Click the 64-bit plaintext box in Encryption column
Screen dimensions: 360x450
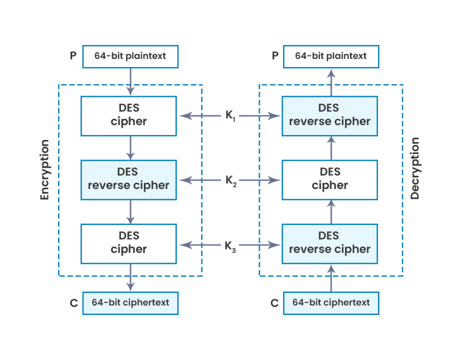[x=130, y=56]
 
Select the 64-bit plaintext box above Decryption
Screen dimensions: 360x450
[x=331, y=56]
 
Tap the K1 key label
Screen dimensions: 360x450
[x=229, y=116]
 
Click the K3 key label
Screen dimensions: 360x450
[x=230, y=245]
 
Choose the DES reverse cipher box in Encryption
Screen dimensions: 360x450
[x=128, y=179]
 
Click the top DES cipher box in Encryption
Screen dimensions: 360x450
[x=128, y=116]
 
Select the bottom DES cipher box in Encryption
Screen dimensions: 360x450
[x=128, y=243]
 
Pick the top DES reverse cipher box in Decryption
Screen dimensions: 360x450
[x=329, y=116]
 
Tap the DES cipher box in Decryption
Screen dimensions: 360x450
[x=329, y=179]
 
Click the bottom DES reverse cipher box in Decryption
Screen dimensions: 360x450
[x=329, y=243]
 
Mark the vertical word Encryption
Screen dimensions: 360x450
[x=45, y=170]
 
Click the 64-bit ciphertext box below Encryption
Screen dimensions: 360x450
[x=130, y=303]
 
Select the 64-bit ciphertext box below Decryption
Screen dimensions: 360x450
[x=331, y=303]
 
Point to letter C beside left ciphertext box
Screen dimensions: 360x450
[x=73, y=303]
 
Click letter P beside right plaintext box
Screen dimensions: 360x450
[x=275, y=55]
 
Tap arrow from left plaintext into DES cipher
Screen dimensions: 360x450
[x=130, y=81]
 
